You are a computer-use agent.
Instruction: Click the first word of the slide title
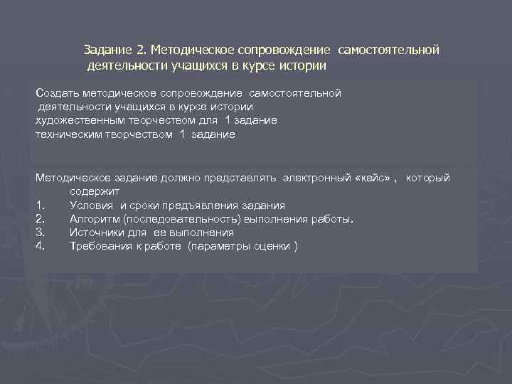coord(107,50)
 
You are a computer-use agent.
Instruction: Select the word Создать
coord(58,93)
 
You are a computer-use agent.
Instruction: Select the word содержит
coord(94,191)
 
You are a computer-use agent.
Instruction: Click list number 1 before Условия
coord(40,206)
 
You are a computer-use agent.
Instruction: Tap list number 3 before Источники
coord(41,233)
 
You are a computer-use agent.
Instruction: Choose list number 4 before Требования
coord(41,246)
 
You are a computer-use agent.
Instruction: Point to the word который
coord(428,178)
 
